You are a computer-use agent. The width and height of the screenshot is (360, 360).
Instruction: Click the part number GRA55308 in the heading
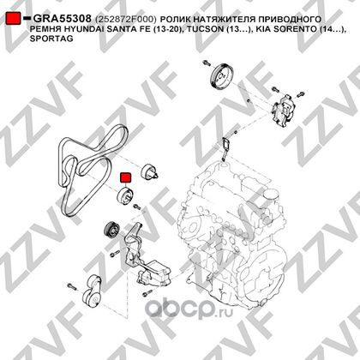click(63, 19)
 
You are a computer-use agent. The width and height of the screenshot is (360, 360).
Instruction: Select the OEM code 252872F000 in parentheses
click(126, 20)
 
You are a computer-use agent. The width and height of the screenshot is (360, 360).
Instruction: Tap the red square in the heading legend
click(14, 18)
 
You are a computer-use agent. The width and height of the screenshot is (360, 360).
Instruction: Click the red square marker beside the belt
click(125, 177)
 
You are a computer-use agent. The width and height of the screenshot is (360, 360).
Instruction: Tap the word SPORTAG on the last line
click(51, 39)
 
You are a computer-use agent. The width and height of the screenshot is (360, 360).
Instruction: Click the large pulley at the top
click(220, 76)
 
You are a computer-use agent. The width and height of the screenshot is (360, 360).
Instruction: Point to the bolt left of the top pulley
click(207, 63)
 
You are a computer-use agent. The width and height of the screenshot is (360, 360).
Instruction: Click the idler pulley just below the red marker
click(126, 196)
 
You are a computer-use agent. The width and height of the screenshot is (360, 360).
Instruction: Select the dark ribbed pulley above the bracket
click(111, 231)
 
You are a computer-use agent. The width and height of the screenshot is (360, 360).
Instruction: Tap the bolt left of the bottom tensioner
click(72, 286)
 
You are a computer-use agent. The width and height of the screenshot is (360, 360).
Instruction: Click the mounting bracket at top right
click(283, 111)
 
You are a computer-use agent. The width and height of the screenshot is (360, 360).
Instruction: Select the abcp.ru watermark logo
click(189, 309)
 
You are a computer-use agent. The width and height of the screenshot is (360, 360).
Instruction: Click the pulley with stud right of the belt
click(150, 172)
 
